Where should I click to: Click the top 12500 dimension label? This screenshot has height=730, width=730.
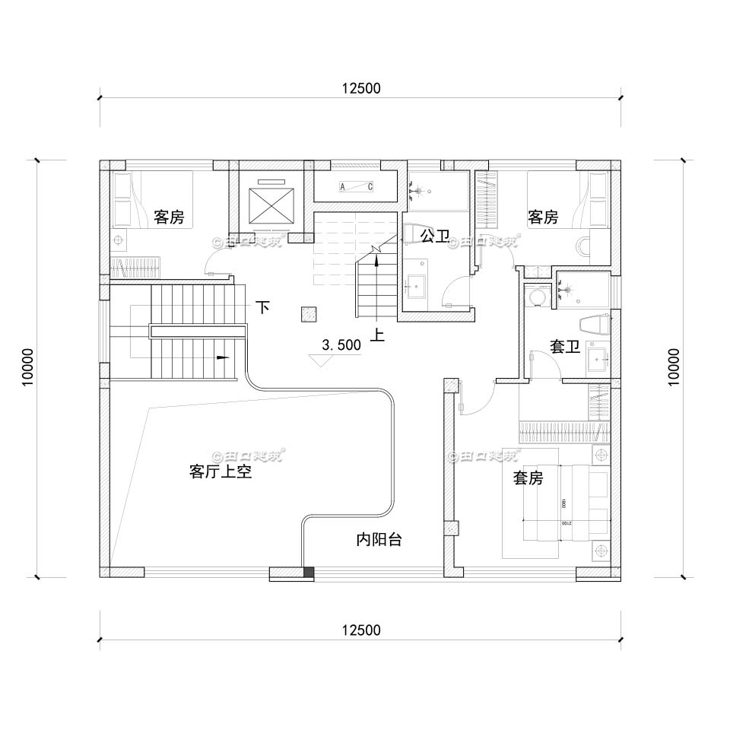pyautogui.click(x=360, y=88)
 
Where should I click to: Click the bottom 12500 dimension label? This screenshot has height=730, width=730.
pyautogui.click(x=360, y=630)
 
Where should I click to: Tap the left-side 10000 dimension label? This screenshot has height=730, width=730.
pyautogui.click(x=29, y=368)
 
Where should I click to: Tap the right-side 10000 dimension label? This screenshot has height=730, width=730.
pyautogui.click(x=673, y=368)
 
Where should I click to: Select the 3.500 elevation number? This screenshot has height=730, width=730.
pyautogui.click(x=341, y=345)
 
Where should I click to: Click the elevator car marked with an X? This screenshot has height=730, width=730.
pyautogui.click(x=270, y=202)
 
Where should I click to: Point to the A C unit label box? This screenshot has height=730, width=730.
pyautogui.click(x=355, y=187)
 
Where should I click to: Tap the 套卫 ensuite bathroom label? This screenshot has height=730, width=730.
pyautogui.click(x=564, y=347)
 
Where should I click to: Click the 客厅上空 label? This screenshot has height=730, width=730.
pyautogui.click(x=220, y=472)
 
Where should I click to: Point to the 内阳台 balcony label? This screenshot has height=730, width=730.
pyautogui.click(x=379, y=541)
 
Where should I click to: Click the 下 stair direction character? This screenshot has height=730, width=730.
pyautogui.click(x=262, y=308)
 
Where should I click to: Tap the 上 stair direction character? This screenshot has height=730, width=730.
pyautogui.click(x=376, y=335)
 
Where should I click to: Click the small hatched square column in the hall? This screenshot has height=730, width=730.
pyautogui.click(x=308, y=313)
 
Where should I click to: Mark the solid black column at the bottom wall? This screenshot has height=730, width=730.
pyautogui.click(x=308, y=573)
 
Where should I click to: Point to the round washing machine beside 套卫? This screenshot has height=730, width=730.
pyautogui.click(x=538, y=297)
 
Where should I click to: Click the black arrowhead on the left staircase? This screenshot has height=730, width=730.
pyautogui.click(x=223, y=357)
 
